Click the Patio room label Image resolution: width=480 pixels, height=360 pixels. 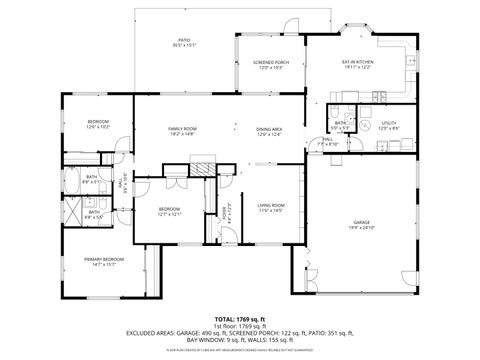(x=184, y=40)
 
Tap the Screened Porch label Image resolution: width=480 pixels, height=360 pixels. (x=272, y=62)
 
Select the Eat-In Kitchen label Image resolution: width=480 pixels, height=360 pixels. (x=357, y=62)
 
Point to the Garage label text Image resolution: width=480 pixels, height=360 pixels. (x=361, y=222)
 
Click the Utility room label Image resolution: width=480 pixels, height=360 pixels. (x=389, y=123)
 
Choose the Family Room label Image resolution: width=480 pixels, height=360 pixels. (x=181, y=128)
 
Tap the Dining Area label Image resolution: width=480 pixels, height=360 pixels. (x=268, y=128)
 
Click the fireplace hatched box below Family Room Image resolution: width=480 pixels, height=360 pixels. (x=203, y=168)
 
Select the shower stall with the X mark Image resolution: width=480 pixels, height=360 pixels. (x=72, y=211)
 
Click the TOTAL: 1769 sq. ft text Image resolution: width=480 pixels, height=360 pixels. (x=239, y=317)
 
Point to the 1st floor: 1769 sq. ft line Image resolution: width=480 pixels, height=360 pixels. (x=239, y=325)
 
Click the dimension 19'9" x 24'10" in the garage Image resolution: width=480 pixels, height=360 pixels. (x=361, y=228)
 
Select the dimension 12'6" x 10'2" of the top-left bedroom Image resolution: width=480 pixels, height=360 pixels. (x=98, y=127)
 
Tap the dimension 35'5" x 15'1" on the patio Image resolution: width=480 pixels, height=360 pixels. (x=184, y=46)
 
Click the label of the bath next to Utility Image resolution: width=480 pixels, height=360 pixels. (x=340, y=123)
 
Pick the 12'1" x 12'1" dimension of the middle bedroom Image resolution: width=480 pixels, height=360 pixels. (x=168, y=214)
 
